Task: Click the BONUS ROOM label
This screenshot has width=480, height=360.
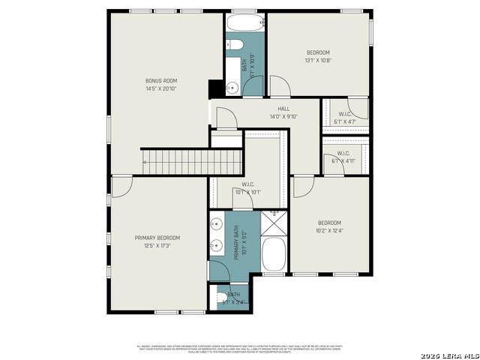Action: [161, 80]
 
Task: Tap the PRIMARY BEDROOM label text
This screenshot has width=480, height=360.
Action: [157, 238]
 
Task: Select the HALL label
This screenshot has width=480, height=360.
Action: [283, 109]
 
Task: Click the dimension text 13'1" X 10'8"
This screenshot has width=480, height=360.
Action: [317, 60]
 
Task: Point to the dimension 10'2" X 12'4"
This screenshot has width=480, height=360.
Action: [328, 230]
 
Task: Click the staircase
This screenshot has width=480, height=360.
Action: [192, 160]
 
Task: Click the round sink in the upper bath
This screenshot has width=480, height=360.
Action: [232, 88]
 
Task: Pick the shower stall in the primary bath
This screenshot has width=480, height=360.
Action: [274, 222]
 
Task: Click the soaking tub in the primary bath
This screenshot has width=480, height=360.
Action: [274, 255]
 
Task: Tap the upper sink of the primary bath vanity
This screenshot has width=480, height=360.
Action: [215, 223]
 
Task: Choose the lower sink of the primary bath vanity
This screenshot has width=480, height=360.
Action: [215, 244]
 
